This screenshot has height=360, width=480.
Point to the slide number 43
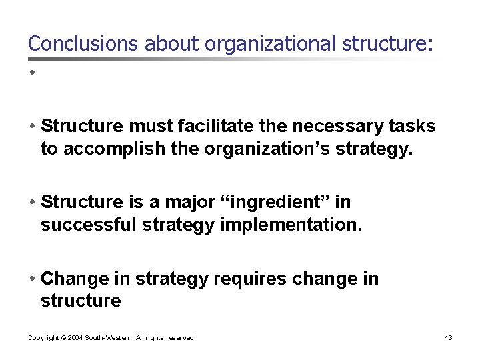click(x=448, y=338)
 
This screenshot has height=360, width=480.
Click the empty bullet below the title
click(x=31, y=71)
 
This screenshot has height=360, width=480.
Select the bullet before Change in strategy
click(x=32, y=279)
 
